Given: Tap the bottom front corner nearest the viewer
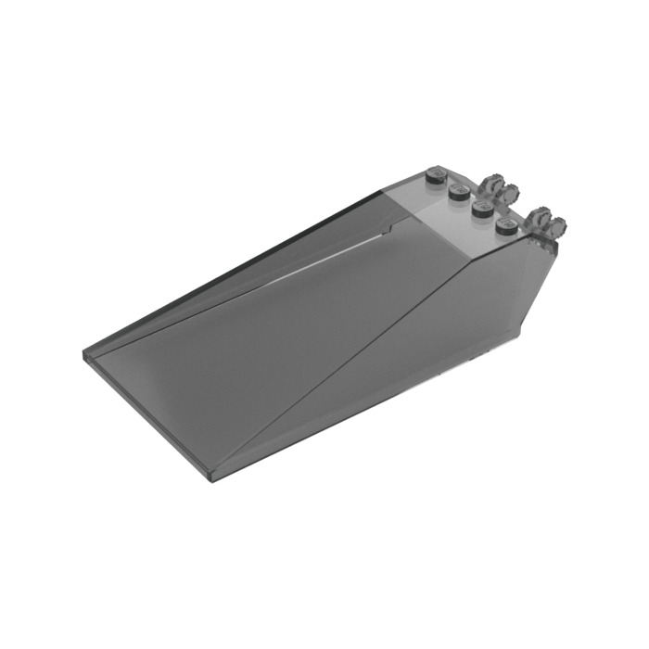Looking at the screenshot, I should pos(215,481).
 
